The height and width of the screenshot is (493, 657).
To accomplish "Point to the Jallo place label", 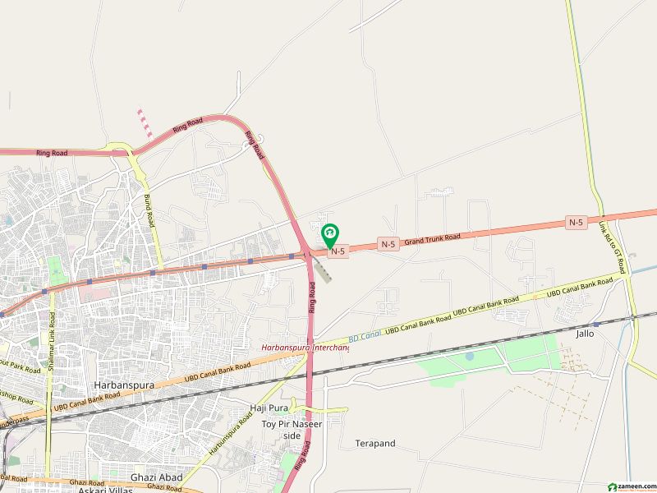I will tap(585, 334).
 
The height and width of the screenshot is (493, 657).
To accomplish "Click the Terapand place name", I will tap(375, 444).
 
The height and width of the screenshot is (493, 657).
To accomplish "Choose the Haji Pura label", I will tap(269, 408).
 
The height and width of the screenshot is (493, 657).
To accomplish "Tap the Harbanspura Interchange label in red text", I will tap(306, 348).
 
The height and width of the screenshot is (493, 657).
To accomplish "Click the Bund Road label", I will tap(149, 211).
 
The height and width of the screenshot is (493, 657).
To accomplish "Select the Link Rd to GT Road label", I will tap(612, 246).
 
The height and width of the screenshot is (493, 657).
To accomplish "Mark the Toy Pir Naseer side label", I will tap(292, 429).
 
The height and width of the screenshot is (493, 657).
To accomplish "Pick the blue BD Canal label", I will tap(364, 337).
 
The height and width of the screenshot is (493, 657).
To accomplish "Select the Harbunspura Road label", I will tap(229, 437).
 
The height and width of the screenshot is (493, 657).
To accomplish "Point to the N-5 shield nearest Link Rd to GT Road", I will tap(576, 222).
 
